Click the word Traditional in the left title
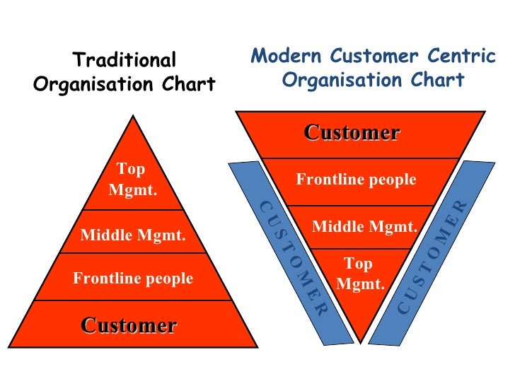click(x=125, y=61)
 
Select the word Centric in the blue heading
click(x=460, y=56)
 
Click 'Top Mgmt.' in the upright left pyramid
click(x=132, y=180)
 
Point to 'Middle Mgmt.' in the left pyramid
click(x=133, y=235)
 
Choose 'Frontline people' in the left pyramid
click(x=133, y=279)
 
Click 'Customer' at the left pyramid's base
click(x=129, y=325)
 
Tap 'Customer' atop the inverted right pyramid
click(x=352, y=132)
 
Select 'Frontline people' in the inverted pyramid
click(x=356, y=180)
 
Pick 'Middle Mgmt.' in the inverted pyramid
click(x=365, y=227)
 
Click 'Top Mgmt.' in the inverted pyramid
click(x=360, y=274)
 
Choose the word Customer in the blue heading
click(x=374, y=56)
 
